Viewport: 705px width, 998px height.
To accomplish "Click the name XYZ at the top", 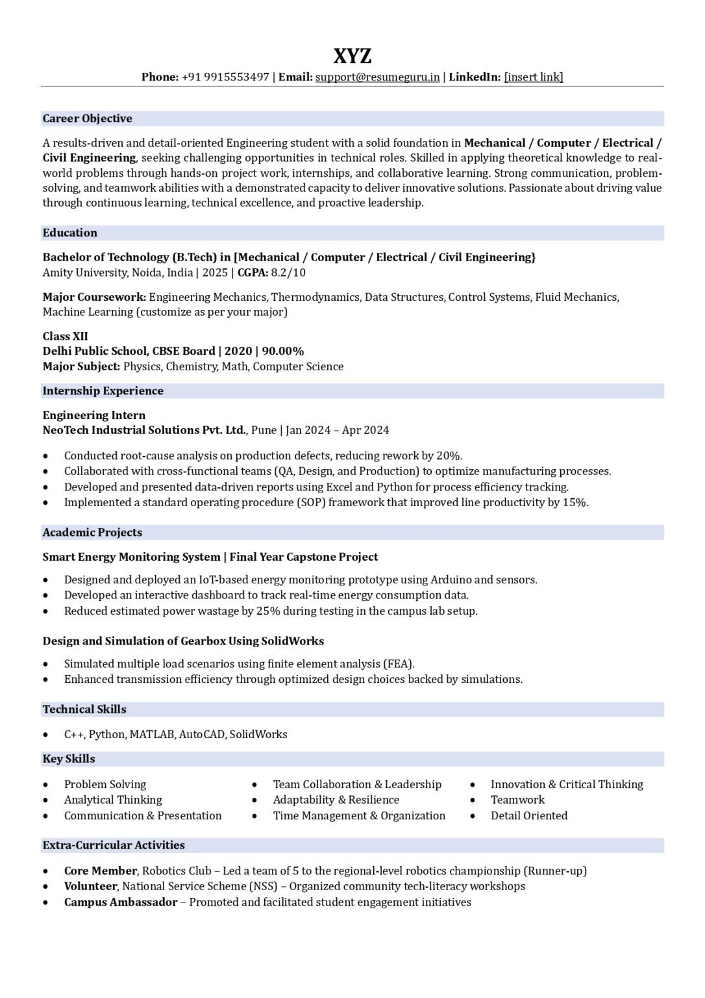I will coord(352,56).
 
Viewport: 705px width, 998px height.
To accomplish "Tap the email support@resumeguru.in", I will coord(377,77).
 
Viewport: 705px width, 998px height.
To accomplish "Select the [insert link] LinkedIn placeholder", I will coord(534,77).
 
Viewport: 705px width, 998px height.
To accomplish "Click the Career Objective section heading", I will coord(87,118).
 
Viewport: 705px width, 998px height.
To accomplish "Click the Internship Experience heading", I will coord(103,390).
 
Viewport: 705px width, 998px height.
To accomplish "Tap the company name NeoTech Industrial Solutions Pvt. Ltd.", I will coord(144,430).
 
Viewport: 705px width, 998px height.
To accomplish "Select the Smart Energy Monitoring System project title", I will coord(131,557).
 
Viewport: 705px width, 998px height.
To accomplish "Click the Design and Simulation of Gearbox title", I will coord(183,641).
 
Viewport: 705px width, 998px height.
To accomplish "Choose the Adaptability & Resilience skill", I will coord(336,800).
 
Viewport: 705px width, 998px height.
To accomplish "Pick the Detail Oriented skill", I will coord(528,815).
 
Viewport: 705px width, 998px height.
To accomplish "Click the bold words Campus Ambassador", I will coord(120,902).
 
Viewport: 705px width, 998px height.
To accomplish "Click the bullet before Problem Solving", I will coord(45,785).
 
